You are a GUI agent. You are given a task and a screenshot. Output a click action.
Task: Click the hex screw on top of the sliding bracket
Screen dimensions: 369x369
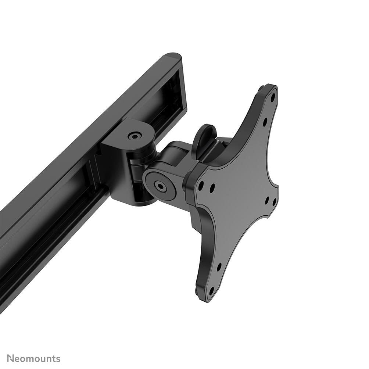point(135,136)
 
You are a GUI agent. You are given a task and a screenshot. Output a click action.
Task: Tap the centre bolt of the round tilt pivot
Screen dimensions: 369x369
point(161,186)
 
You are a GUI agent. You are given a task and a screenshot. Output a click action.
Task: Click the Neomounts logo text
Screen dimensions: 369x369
point(33,358)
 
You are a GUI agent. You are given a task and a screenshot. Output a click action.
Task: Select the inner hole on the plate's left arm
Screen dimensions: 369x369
point(212,188)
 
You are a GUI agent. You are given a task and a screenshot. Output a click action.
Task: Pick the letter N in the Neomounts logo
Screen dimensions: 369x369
point(11,358)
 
